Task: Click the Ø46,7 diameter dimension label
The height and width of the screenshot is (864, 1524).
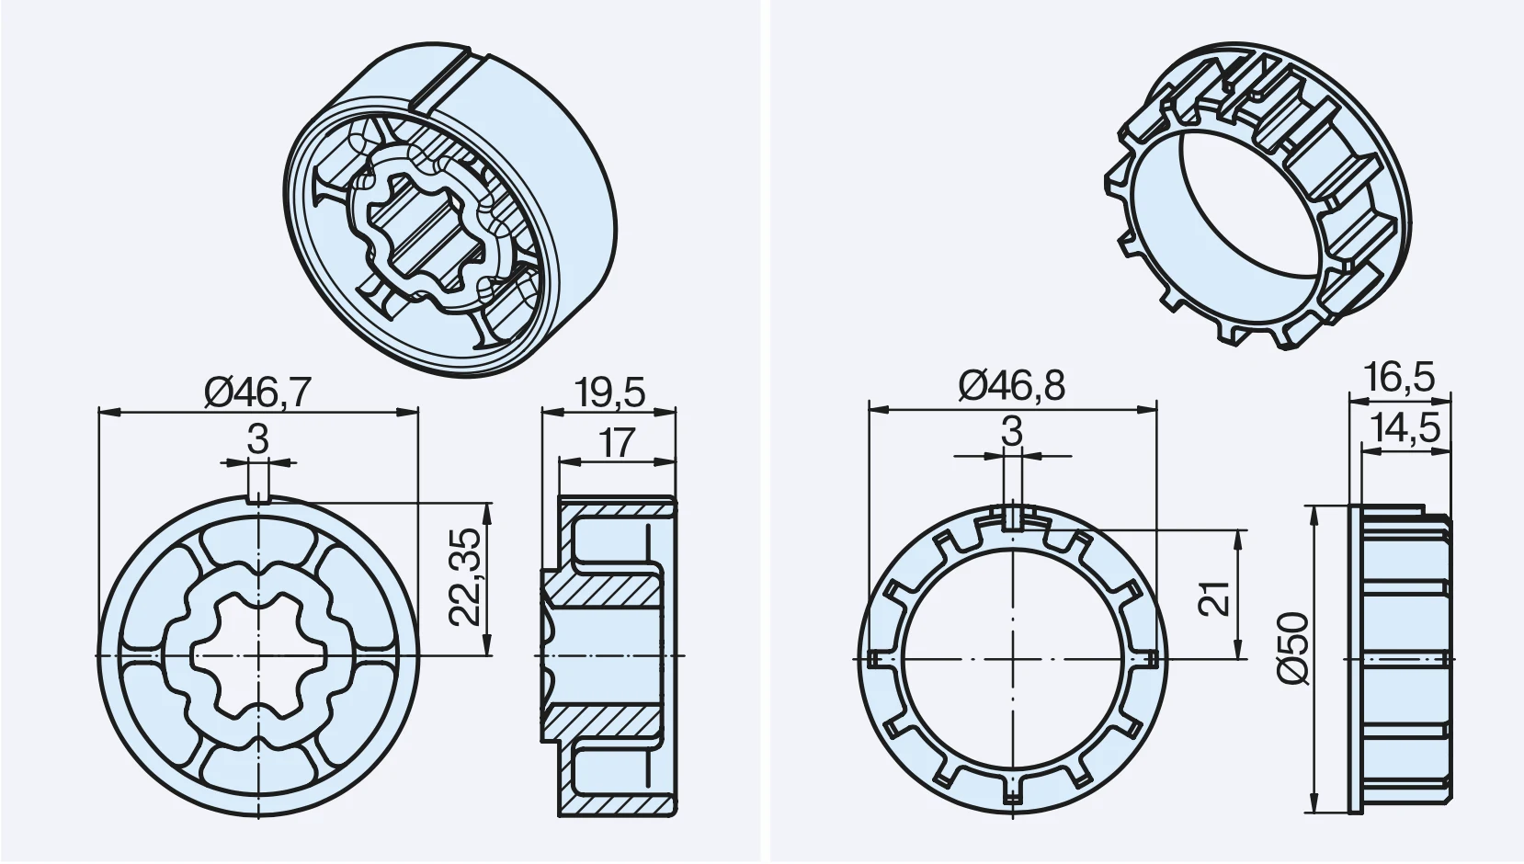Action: (258, 392)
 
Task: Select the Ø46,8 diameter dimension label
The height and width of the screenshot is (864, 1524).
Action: (1012, 386)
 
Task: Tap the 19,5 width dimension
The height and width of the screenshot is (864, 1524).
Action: (608, 392)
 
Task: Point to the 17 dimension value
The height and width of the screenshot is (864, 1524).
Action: (617, 443)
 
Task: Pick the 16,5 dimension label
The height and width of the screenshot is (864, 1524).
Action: (1400, 378)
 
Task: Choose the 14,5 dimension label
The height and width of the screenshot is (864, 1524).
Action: (1405, 428)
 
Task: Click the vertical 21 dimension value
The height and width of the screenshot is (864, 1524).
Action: (1213, 598)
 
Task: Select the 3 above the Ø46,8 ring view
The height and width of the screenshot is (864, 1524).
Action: (1012, 431)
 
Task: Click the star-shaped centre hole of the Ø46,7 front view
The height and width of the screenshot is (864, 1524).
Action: (258, 656)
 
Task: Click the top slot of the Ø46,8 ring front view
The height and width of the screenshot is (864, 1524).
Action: (1012, 517)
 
